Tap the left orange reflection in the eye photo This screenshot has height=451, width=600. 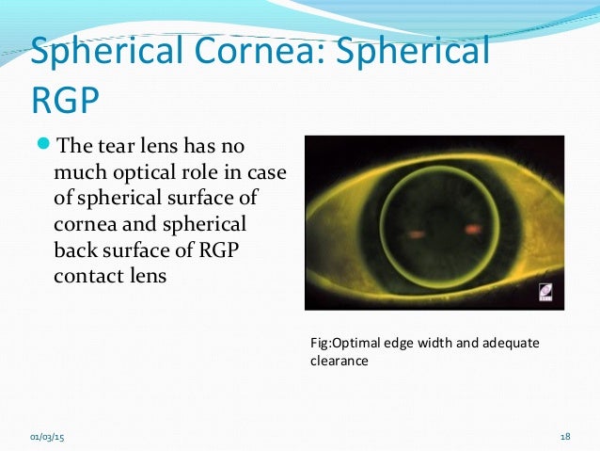pos(418,232)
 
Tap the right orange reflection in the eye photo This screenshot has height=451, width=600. pos(472,228)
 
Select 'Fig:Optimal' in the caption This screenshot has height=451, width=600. pos(346,343)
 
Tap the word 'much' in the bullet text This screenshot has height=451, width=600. pos(80,174)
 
